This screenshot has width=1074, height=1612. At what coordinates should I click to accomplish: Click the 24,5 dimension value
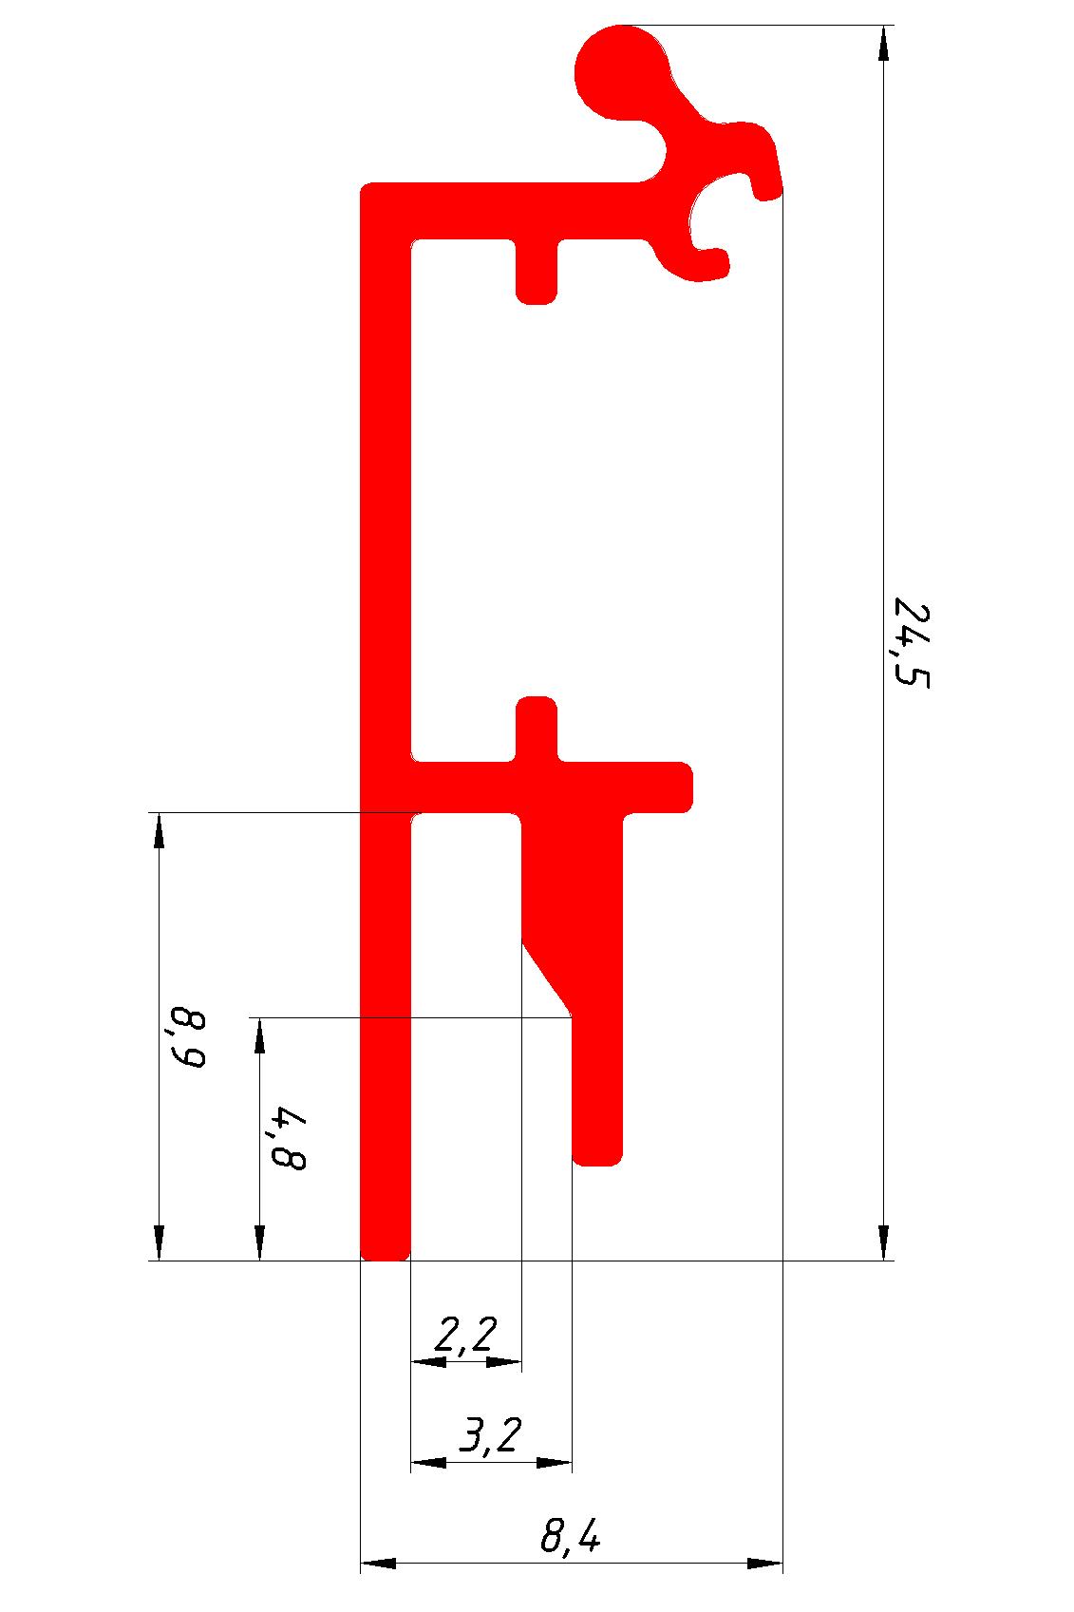coord(909,642)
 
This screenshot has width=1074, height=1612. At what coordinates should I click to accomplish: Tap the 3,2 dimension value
coord(491,1436)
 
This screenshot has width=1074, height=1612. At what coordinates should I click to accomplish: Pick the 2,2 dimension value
coord(465,1336)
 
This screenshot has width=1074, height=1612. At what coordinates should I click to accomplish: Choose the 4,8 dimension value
coord(288,1137)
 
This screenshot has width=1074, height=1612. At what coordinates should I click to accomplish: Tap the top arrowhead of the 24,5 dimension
coord(884,44)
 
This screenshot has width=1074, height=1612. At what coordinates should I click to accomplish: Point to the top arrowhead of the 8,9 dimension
coord(159,830)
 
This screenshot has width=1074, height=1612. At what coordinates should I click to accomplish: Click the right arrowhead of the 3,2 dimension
coord(555,1463)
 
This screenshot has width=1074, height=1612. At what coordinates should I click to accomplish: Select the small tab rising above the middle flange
coord(537,722)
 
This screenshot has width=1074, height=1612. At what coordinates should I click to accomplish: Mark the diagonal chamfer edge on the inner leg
coord(547,978)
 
